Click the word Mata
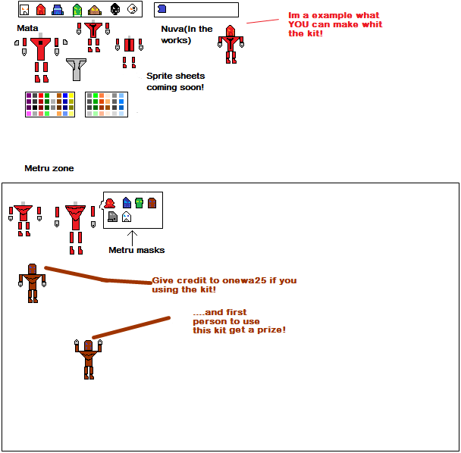pyautogui.click(x=27, y=28)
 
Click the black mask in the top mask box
pyautogui.click(x=115, y=9)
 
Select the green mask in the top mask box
pyautogui.click(x=77, y=10)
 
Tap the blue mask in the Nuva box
pyautogui.click(x=162, y=9)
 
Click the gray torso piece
pyautogui.click(x=76, y=69)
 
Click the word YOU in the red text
pyautogui.click(x=299, y=24)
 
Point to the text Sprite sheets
pyautogui.click(x=175, y=76)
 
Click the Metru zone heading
pyautogui.click(x=49, y=168)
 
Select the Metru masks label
pyautogui.click(x=136, y=250)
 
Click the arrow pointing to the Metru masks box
pyautogui.click(x=132, y=238)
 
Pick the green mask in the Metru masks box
pyautogui.click(x=139, y=203)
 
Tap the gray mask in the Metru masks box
pyautogui.click(x=113, y=217)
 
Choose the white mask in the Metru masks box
pyautogui.click(x=127, y=217)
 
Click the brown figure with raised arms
pyautogui.click(x=88, y=359)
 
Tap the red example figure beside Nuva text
pyautogui.click(x=230, y=45)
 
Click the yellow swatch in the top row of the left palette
pyautogui.click(x=71, y=95)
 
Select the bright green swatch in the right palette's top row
pyautogui.click(x=96, y=95)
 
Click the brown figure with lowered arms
pyautogui.click(x=33, y=283)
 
